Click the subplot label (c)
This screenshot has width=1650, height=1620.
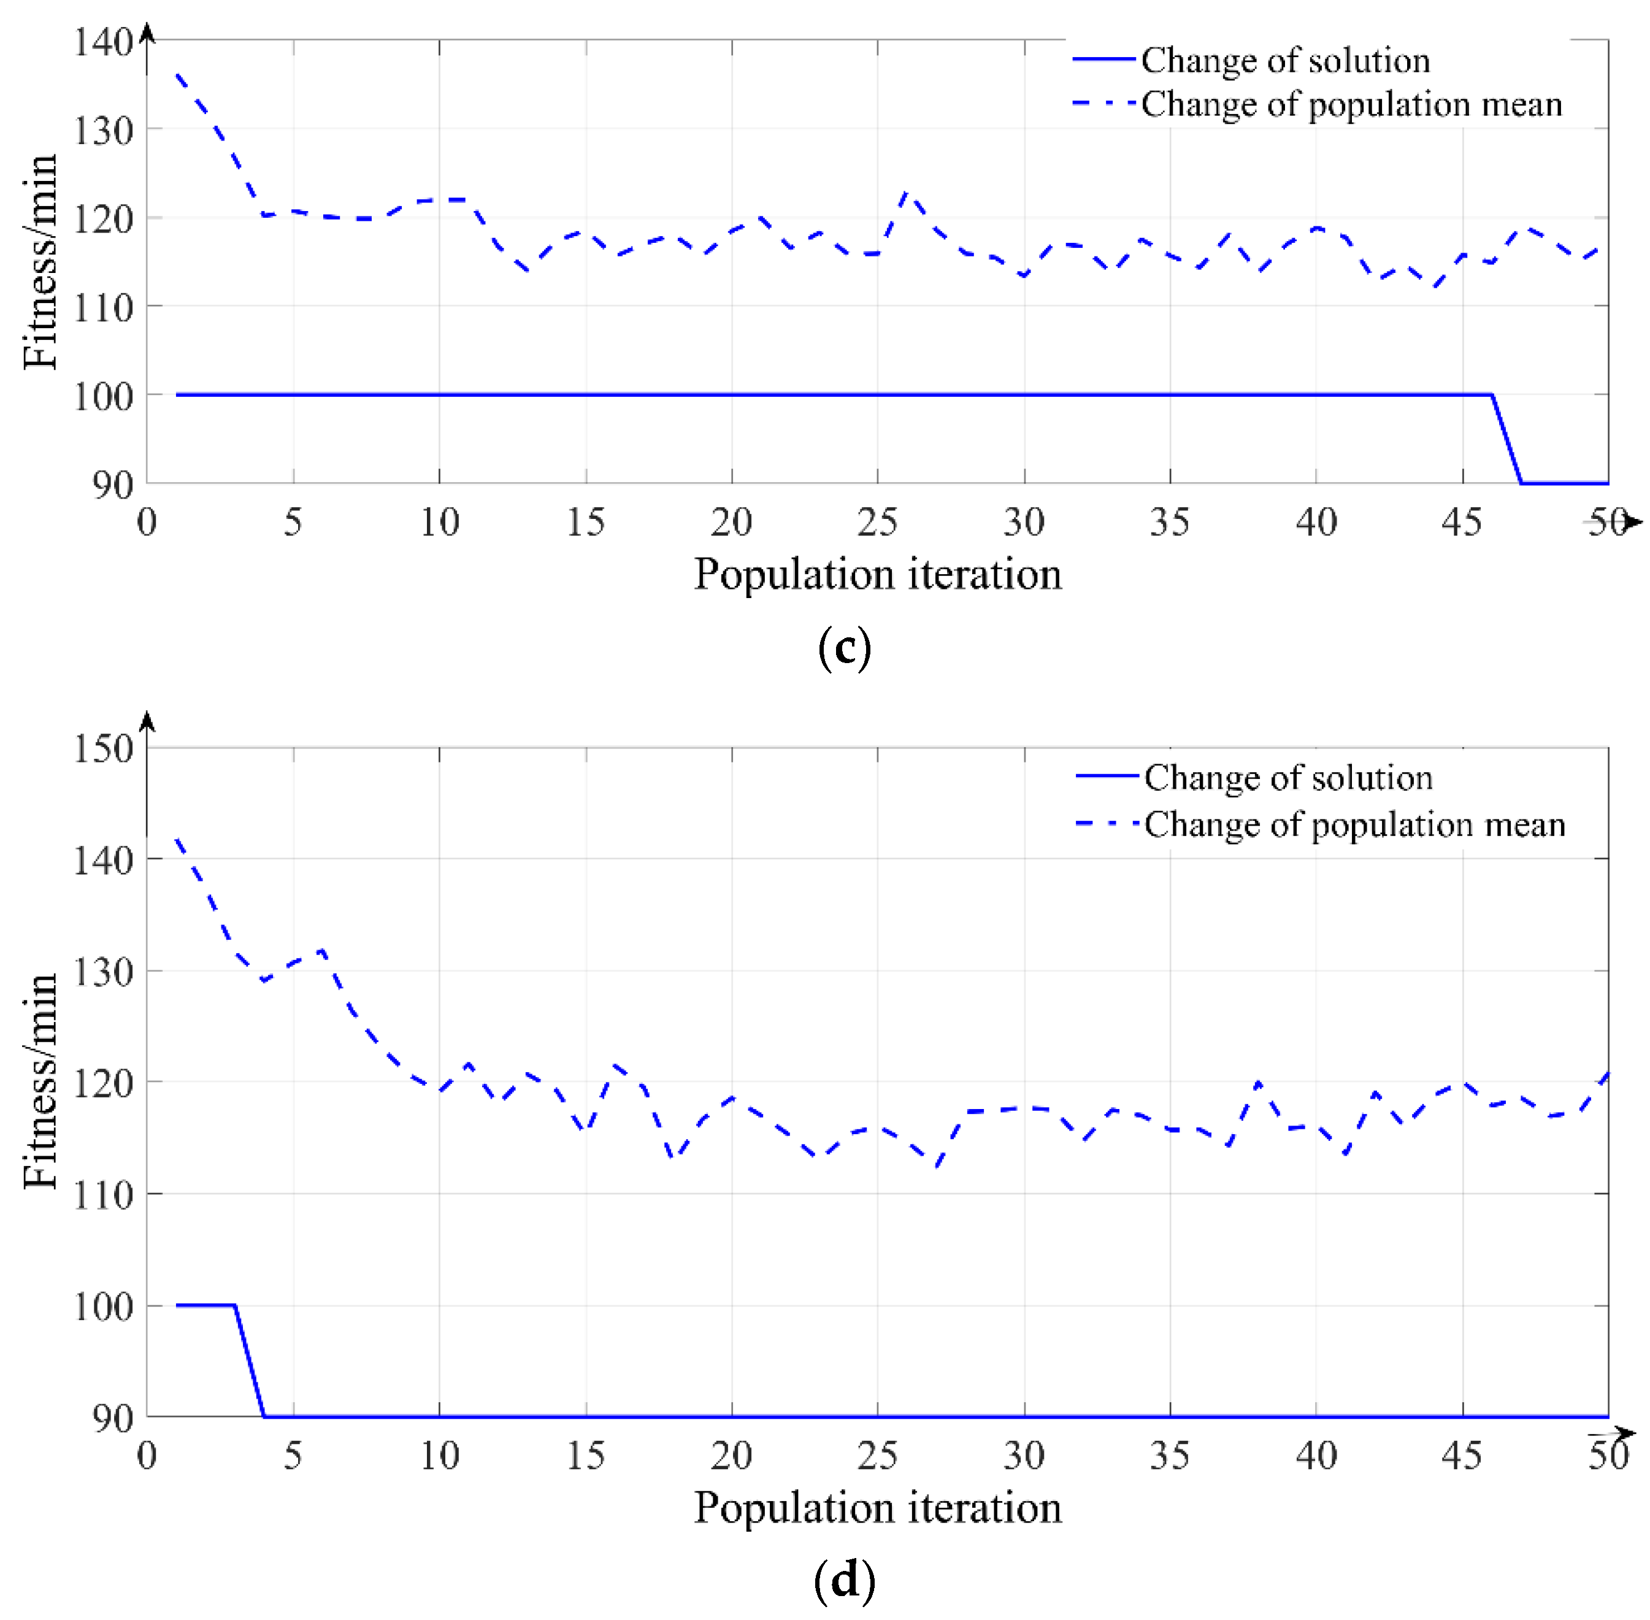click(843, 649)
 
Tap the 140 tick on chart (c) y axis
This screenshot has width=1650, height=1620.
click(103, 42)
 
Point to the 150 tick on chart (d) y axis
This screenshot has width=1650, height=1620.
click(103, 749)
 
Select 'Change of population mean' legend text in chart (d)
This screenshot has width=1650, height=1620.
click(1354, 824)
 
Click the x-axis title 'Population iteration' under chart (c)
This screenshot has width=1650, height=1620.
click(877, 574)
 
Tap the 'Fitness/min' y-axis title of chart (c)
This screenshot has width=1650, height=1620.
click(40, 261)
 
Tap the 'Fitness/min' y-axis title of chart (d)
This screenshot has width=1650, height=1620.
click(40, 1081)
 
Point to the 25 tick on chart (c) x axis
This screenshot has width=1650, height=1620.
click(877, 521)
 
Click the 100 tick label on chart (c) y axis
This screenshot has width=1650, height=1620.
click(103, 396)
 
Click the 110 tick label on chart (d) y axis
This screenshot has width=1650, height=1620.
click(103, 1196)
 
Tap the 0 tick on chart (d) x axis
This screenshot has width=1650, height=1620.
click(147, 1455)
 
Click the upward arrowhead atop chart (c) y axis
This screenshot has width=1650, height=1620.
click(147, 33)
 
